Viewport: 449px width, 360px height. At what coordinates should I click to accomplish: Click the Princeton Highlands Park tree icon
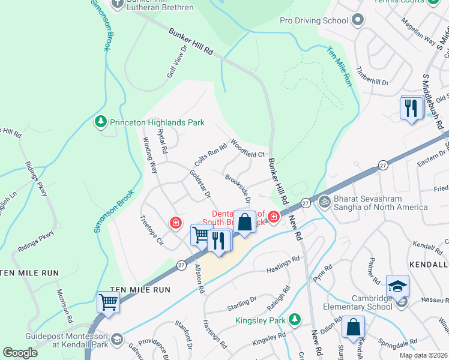[101, 122]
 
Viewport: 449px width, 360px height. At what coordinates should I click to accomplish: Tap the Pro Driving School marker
[358, 20]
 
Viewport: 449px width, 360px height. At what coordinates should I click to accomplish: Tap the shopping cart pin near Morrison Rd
[108, 302]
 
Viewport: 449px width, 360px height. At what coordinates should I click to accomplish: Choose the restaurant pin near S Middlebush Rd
[411, 108]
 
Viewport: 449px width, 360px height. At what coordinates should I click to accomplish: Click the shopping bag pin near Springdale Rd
[354, 328]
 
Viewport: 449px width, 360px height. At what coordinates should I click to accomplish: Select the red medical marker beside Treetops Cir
[176, 224]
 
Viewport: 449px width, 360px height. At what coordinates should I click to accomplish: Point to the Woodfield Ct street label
[248, 150]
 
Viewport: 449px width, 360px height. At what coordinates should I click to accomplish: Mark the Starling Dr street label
[241, 299]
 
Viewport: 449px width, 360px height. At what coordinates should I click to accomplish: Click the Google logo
[20, 352]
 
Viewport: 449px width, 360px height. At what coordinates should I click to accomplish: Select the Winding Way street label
[149, 155]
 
